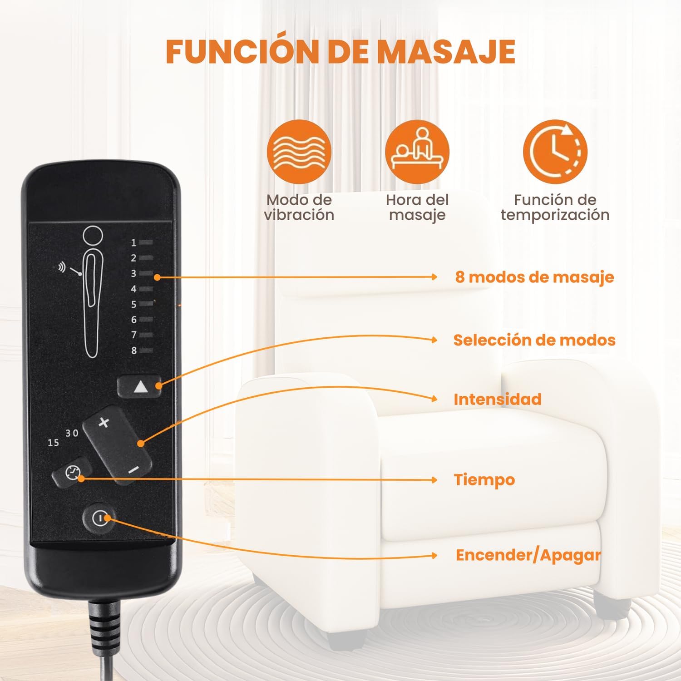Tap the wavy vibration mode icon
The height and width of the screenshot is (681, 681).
(x=299, y=152)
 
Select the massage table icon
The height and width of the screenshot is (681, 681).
(x=417, y=152)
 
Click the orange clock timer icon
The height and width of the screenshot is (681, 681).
(x=555, y=152)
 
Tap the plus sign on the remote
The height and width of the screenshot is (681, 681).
(x=104, y=423)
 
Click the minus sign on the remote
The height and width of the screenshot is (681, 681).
(x=133, y=470)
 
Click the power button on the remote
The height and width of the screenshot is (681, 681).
(x=98, y=518)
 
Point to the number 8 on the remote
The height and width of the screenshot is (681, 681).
(x=134, y=350)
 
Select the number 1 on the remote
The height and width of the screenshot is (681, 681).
(x=134, y=243)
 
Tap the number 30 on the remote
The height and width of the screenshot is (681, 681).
(x=72, y=433)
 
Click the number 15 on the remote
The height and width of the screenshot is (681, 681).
(x=53, y=442)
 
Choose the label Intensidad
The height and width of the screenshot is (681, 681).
(x=498, y=400)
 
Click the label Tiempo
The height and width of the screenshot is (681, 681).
(x=484, y=480)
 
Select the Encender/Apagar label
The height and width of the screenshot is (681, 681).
(x=528, y=555)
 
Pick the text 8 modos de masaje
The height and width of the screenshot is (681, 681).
(x=534, y=277)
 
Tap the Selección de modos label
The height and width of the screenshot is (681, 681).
(x=534, y=340)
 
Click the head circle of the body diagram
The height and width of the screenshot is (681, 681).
(x=93, y=236)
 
